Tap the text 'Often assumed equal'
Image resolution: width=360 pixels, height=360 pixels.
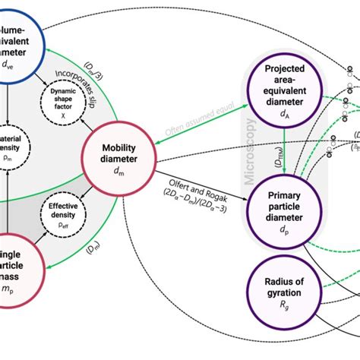pos(196,128)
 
